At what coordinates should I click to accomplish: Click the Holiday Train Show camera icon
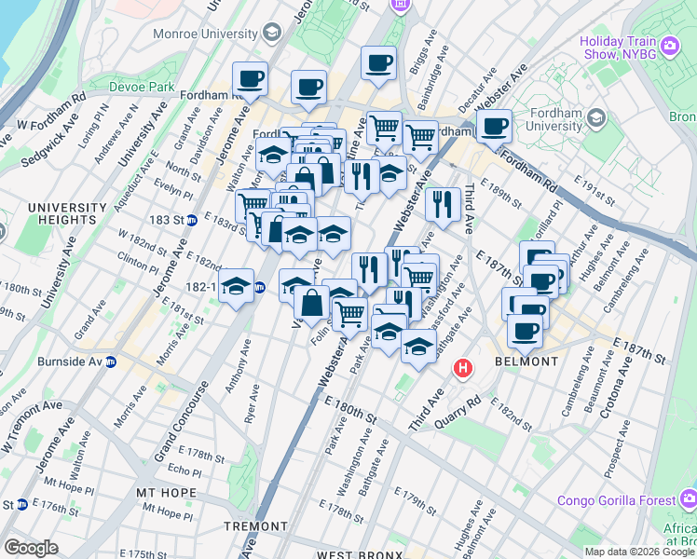pyautogui.click(x=669, y=44)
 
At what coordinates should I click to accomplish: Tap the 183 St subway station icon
pyautogui.click(x=191, y=220)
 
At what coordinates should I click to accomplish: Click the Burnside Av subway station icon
pyautogui.click(x=110, y=361)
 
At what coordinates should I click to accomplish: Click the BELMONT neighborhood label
pyautogui.click(x=526, y=361)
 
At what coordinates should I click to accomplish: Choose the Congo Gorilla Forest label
pyautogui.click(x=616, y=500)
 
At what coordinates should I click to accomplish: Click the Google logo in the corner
pyautogui.click(x=31, y=548)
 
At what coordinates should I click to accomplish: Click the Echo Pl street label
pyautogui.click(x=184, y=471)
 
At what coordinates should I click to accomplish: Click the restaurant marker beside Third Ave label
pyautogui.click(x=443, y=205)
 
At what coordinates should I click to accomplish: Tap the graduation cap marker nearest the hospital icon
pyautogui.click(x=419, y=348)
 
